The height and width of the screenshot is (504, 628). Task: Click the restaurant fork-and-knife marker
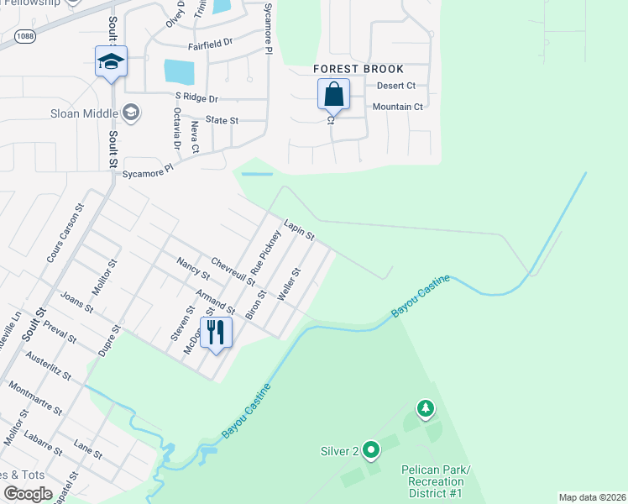(x=216, y=333)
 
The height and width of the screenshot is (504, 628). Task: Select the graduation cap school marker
(x=110, y=61)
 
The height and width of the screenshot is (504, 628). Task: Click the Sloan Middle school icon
(x=131, y=111)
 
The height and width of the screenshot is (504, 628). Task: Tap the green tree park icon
(x=427, y=408)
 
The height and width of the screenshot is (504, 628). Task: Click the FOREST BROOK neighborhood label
(x=358, y=69)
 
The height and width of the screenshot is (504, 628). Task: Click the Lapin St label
(x=298, y=228)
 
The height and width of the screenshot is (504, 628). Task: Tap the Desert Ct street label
(x=396, y=86)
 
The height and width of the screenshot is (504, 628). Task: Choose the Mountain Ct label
(x=397, y=107)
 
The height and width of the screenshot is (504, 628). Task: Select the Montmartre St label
(x=34, y=398)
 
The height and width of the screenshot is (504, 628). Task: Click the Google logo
(x=28, y=494)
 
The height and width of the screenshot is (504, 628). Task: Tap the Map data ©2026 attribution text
(x=591, y=497)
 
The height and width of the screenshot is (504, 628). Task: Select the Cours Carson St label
(x=66, y=233)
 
